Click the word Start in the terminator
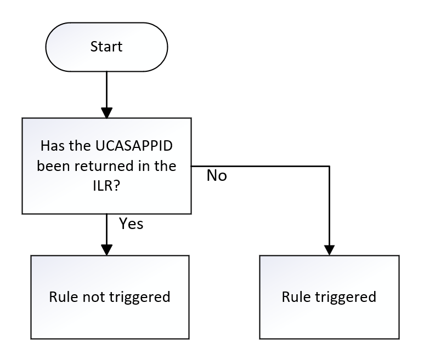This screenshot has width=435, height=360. coord(106,47)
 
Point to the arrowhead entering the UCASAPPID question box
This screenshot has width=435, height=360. coord(106,113)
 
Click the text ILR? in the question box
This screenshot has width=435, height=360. coord(106,185)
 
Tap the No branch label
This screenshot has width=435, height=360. coord(217,176)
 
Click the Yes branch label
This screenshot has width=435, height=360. coord(131,224)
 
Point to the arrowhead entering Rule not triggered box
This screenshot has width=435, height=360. coord(106,250)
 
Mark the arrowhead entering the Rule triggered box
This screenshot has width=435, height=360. coord(330,250)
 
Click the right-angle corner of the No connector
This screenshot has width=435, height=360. coord(330,165)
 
